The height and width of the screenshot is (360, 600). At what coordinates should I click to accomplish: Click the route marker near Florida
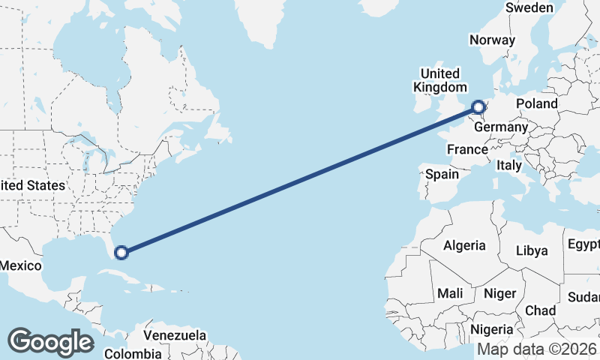[x=121, y=253]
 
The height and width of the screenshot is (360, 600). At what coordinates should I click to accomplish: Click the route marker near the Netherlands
[x=478, y=107]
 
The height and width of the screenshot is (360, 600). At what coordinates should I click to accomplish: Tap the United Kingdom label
[x=439, y=79]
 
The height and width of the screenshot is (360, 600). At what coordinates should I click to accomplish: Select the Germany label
[x=501, y=127]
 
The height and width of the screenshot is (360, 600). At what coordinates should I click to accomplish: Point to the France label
[x=467, y=149]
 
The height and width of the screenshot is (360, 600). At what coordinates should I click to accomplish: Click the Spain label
[x=442, y=174]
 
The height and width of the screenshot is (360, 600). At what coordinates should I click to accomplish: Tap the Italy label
[x=510, y=164]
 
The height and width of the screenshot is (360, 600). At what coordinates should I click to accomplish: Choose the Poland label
[x=536, y=103]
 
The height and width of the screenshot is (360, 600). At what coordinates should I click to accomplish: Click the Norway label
[x=492, y=40]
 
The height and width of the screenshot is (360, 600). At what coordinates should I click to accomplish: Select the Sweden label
[x=529, y=7]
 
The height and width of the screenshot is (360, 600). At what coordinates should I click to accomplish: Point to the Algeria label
[x=464, y=245]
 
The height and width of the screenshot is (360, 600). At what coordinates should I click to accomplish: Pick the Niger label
[x=498, y=293]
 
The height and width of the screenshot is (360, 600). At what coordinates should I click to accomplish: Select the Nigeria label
[x=492, y=328]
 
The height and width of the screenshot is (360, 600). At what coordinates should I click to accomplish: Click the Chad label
[x=541, y=310]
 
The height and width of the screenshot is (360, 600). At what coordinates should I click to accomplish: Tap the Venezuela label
[x=175, y=334]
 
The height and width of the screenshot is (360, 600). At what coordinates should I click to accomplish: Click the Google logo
[x=49, y=342]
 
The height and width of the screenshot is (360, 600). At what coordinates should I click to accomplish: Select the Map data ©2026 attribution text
[x=537, y=349]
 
